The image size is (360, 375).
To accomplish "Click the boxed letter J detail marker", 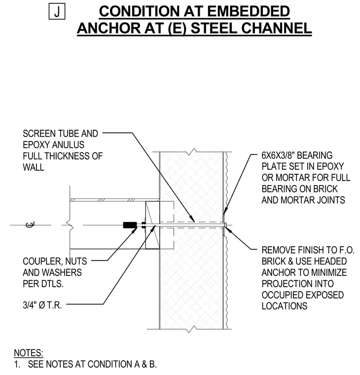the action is coord(57,11).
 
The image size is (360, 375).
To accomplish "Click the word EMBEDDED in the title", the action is coord(249,11).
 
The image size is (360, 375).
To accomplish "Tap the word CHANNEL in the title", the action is coord(276,28).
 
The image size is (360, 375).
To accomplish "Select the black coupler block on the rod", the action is coord(130,225).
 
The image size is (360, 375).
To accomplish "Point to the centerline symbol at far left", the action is coord(30,225).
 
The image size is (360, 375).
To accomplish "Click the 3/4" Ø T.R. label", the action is coord(42,305).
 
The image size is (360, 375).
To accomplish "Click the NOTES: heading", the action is coord(29,353).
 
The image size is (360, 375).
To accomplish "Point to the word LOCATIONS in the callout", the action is coord(285,306).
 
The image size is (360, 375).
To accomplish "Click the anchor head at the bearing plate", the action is coord(225,225).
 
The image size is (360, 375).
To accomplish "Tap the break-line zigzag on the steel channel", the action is coord(70,225).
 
